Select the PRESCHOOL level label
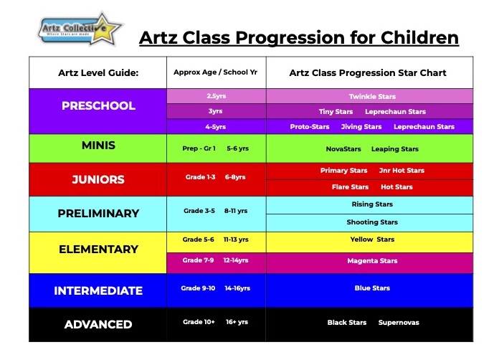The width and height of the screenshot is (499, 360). coord(98,105)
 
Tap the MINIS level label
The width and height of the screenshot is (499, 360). coord(98,145)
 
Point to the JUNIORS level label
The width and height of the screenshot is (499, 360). coord(98,179)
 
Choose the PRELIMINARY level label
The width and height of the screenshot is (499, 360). coord(98,213)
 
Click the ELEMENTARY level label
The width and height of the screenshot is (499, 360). coord(98,249)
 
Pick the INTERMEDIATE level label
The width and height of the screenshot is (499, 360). coord(98,290)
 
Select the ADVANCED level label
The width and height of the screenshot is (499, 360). coord(98,324)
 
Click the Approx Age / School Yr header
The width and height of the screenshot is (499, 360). coord(216,72)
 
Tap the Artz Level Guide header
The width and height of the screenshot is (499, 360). coord(98,72)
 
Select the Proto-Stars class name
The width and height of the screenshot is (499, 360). coord(310,127)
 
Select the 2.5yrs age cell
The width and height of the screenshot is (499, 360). coord(216,95)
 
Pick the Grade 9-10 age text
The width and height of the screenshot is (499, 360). coord(199,288)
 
